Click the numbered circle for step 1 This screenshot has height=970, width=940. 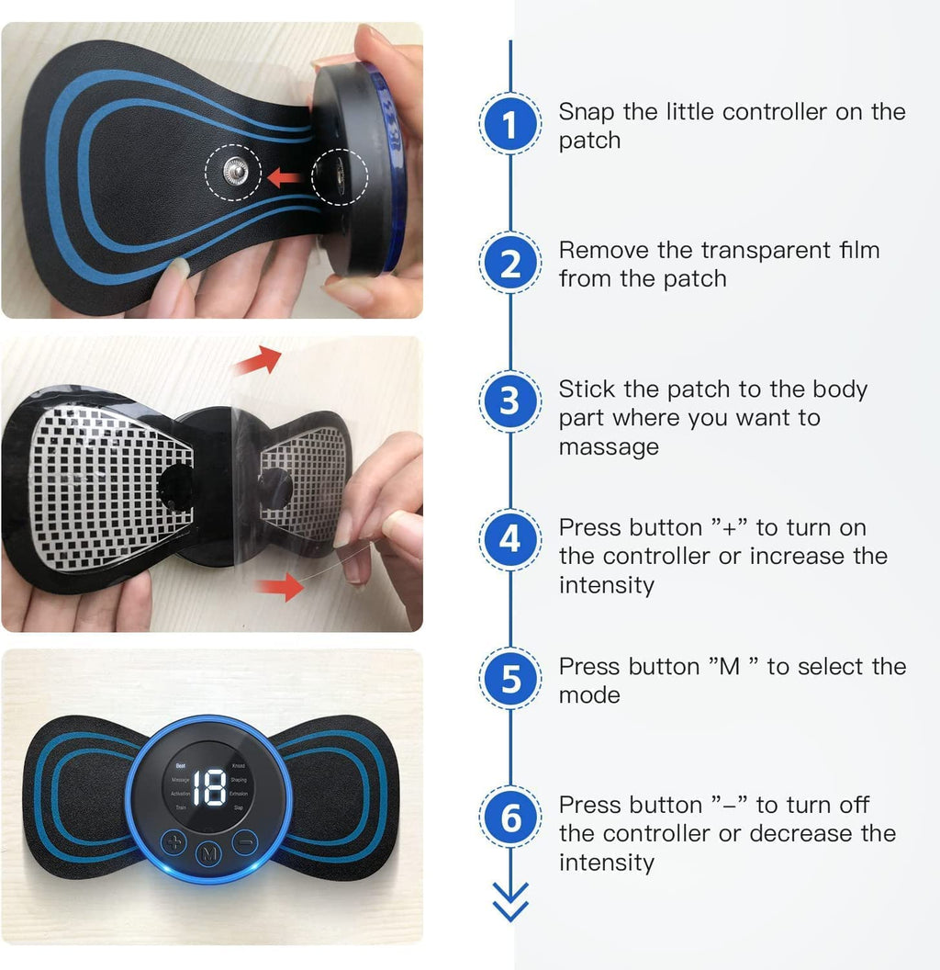510,125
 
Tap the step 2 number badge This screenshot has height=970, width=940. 510,264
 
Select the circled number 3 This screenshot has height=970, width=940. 510,402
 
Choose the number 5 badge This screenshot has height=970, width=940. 510,680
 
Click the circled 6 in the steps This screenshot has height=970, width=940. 510,818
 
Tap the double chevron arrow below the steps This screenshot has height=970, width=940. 510,901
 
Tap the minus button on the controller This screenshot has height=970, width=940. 245,840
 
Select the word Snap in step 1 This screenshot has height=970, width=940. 587,112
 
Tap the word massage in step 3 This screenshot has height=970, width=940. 609,447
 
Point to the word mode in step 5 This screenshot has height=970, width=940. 589,695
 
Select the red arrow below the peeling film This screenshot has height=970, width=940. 283,585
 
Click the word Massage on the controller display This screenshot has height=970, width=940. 180,779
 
